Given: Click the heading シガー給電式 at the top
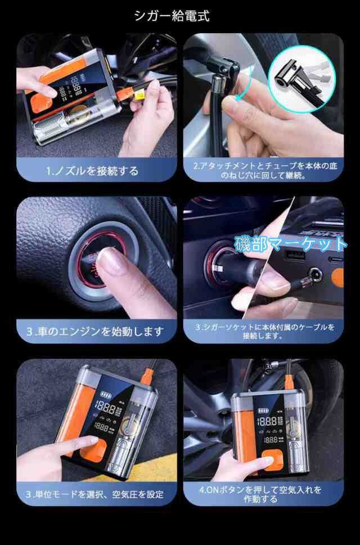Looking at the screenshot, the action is (x=172, y=16).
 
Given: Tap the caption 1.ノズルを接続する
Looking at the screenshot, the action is (x=92, y=171).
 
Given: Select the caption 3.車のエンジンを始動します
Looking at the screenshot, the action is (x=95, y=331).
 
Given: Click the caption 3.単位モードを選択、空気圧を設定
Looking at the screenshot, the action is (x=95, y=494).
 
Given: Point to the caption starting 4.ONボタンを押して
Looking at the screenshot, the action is (x=260, y=494).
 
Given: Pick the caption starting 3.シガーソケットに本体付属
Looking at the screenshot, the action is (x=264, y=332).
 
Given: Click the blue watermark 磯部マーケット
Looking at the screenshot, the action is (x=291, y=244).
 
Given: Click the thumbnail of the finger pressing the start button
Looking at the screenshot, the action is (x=97, y=258).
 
